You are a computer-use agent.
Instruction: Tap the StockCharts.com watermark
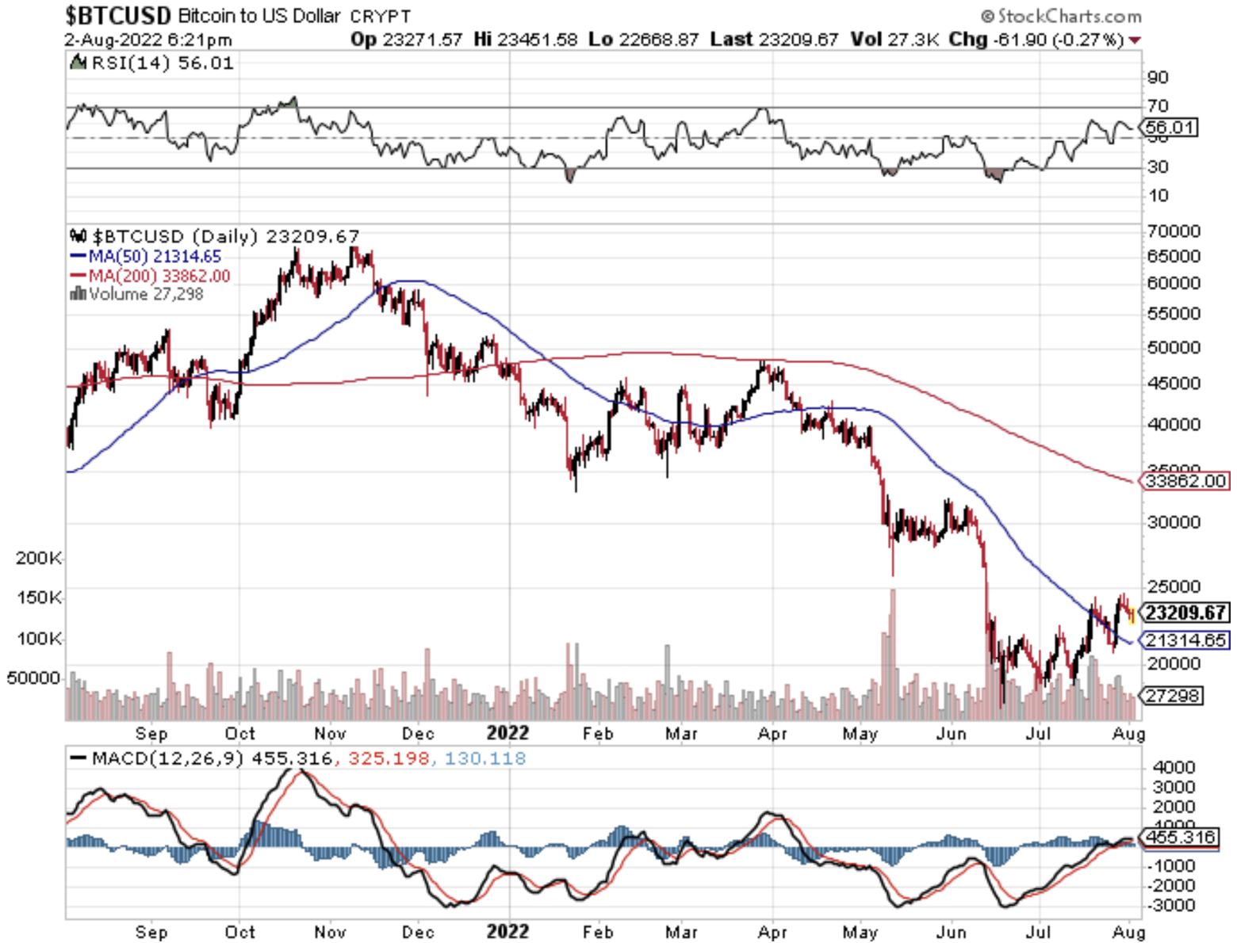1062,16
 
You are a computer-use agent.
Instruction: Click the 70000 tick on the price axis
1174,231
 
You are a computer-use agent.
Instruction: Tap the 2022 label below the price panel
507,733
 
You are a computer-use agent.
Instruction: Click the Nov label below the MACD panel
330,932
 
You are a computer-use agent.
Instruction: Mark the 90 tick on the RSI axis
1158,78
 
